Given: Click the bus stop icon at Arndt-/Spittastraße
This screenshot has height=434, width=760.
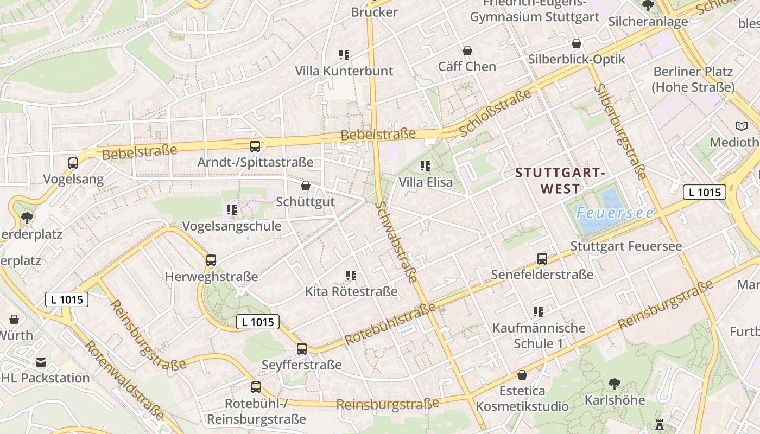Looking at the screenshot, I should coord(255,146).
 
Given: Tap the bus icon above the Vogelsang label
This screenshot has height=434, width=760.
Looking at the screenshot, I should coord(73,163).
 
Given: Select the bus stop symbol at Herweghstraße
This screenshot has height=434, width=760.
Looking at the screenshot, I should coord(211,260).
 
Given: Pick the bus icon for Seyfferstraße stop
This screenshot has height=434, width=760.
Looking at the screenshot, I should coord(301,349).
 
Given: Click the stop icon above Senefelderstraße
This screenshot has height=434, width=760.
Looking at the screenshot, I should coord(542,259).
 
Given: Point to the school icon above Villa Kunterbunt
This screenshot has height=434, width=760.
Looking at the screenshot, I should coord(344,55).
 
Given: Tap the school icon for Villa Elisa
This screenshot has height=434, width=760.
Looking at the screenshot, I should coord(426,166).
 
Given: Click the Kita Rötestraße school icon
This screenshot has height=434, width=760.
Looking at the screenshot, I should coord(351,276).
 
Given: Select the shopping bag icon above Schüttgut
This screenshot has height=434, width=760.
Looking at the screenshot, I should coord(306,186).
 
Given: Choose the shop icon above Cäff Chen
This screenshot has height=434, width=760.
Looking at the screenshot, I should coord(467,50).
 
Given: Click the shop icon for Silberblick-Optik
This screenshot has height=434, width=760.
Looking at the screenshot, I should coord(577,43).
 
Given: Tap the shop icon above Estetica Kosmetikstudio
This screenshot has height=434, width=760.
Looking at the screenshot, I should coord(522,375).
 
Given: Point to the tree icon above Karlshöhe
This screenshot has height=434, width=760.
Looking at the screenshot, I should coord(615,384).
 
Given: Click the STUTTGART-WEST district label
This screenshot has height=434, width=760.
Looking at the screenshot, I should coord(560,181).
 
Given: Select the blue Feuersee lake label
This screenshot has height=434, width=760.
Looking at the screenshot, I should coord(615,213).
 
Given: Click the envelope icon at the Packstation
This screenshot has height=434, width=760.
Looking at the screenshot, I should coord(41,362).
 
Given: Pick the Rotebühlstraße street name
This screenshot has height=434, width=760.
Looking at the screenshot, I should coord(390,324).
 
